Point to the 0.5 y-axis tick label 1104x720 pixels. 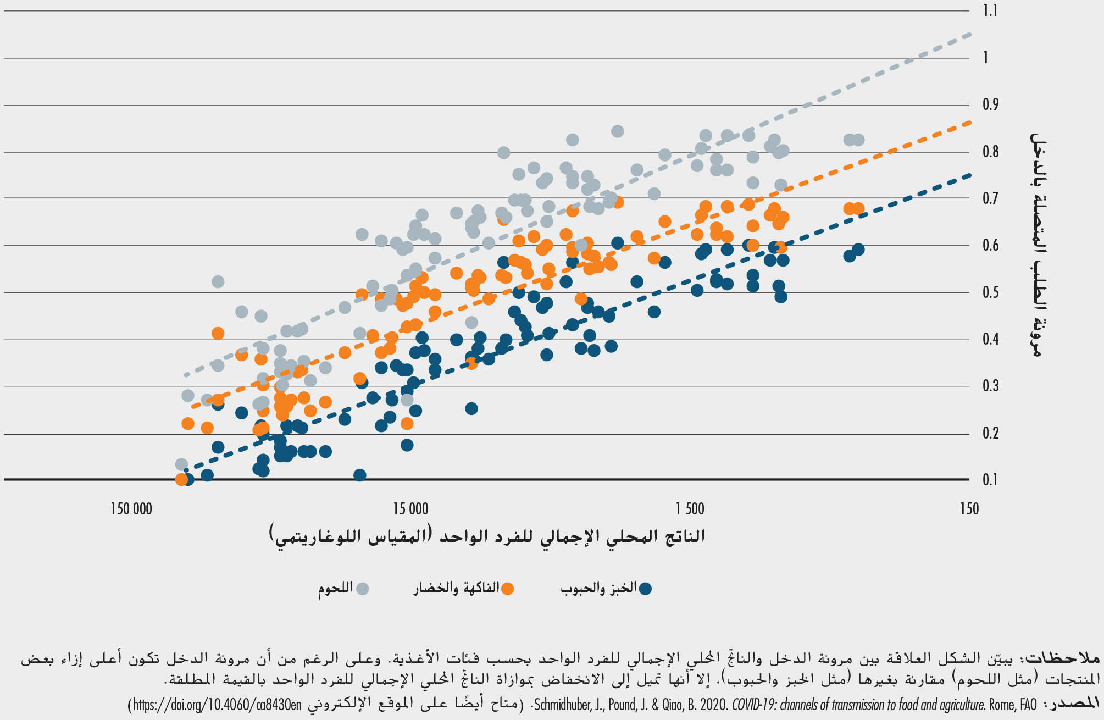point(990,292)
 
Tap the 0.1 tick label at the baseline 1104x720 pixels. point(990,480)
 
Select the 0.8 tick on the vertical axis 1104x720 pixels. point(990,151)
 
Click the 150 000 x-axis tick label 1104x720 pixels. point(131,509)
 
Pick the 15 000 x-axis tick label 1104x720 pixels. point(410,509)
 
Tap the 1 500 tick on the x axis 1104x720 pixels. point(690,509)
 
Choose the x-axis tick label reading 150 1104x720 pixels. point(969,509)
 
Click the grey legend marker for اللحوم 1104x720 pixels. point(363,589)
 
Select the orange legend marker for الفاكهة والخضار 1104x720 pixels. point(508,589)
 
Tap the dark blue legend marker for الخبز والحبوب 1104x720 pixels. point(645,589)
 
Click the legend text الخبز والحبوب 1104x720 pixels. point(598,588)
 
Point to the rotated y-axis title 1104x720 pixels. point(1035,245)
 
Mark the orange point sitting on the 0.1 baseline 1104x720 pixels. point(181,479)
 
